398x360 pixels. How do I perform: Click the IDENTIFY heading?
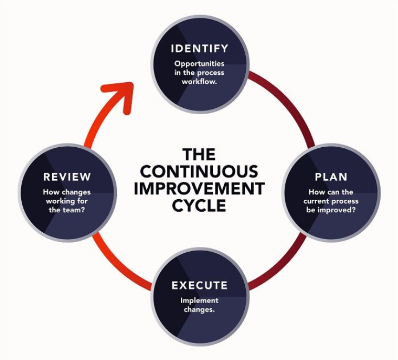pyautogui.click(x=199, y=49)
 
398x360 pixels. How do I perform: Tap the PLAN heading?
pyautogui.click(x=331, y=177)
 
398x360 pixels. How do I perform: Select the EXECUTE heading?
pyautogui.click(x=199, y=285)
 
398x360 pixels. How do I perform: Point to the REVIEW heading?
pyautogui.click(x=67, y=177)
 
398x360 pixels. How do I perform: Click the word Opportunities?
pyautogui.click(x=199, y=64)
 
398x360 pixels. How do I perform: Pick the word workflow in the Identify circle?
pyautogui.click(x=199, y=82)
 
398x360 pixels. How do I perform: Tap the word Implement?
pyautogui.click(x=199, y=301)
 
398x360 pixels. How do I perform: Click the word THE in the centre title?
pyautogui.click(x=199, y=154)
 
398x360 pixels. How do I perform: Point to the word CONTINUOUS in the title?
pyautogui.click(x=199, y=171)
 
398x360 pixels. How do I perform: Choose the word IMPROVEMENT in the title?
pyautogui.click(x=199, y=188)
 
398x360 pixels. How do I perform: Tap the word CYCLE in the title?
pyautogui.click(x=199, y=205)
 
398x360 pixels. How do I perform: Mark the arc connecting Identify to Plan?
pyautogui.click(x=289, y=103)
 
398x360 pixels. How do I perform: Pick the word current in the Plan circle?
pyautogui.click(x=315, y=201)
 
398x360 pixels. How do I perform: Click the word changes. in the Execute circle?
pyautogui.click(x=199, y=310)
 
